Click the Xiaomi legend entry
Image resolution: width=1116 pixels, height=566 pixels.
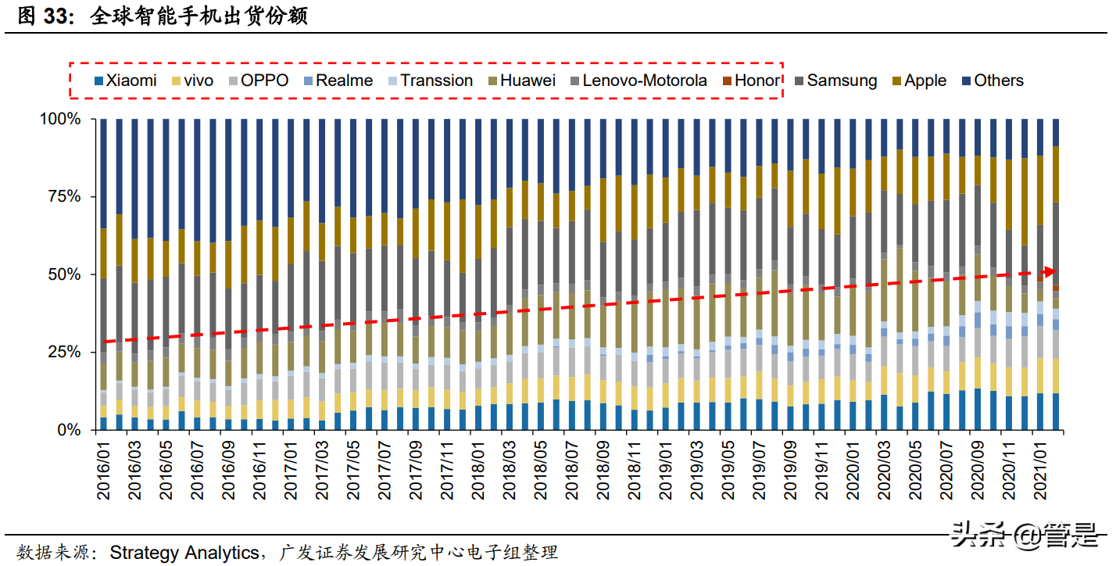pyautogui.click(x=125, y=81)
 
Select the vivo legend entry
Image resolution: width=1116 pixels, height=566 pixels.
pyautogui.click(x=193, y=81)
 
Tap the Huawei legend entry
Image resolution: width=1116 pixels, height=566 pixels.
pyautogui.click(x=522, y=81)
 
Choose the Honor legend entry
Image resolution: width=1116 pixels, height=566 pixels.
pyautogui.click(x=751, y=81)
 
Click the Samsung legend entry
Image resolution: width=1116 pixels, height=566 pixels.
pyautogui.click(x=835, y=81)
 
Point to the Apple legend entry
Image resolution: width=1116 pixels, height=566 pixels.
pyautogui.click(x=919, y=81)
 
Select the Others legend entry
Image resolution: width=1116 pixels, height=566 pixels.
pyautogui.click(x=993, y=81)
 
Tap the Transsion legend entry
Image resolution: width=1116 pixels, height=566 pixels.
pyautogui.click(x=431, y=81)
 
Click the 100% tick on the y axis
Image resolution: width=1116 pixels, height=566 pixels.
pyautogui.click(x=59, y=119)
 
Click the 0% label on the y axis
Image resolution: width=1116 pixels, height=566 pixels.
pyautogui.click(x=68, y=430)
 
